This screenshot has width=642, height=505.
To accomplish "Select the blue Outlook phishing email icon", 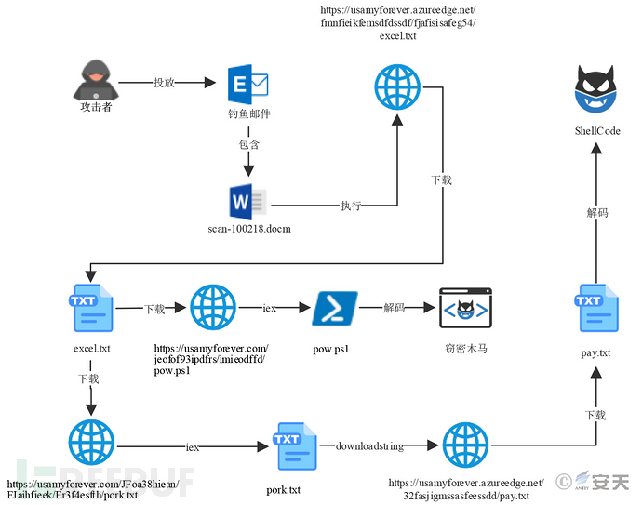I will [247, 85].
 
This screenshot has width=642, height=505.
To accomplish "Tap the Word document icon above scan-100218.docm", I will [247, 203].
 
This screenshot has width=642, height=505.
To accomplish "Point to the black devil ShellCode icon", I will [596, 93].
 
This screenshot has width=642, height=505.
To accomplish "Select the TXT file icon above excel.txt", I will [91, 309].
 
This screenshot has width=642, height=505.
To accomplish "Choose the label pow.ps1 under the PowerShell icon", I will [332, 349].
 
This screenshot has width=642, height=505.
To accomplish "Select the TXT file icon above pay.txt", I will [595, 309].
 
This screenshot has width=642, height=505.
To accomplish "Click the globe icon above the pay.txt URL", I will [464, 446].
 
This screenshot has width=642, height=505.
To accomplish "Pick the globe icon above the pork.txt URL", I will [91, 444].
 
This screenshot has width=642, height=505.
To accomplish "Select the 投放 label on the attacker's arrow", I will [164, 83].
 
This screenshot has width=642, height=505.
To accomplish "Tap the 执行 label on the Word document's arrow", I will [351, 206].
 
